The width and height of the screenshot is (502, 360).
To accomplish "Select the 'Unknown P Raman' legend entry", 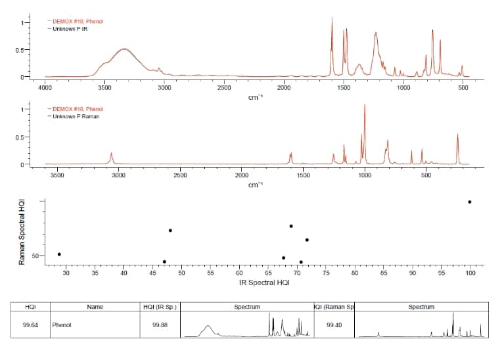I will tap(76, 116).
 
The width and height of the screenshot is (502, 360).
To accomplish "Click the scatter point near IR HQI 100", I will tap(469, 202).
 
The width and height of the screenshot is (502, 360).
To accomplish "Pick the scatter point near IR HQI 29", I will tap(59, 254).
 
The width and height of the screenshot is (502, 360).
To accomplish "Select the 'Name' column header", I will tap(95, 307).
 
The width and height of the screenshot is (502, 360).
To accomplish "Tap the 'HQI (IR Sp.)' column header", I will tap(160, 307).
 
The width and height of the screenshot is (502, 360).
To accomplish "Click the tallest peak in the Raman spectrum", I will tap(365, 105).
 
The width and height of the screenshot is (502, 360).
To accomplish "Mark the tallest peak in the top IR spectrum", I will tap(332, 18).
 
